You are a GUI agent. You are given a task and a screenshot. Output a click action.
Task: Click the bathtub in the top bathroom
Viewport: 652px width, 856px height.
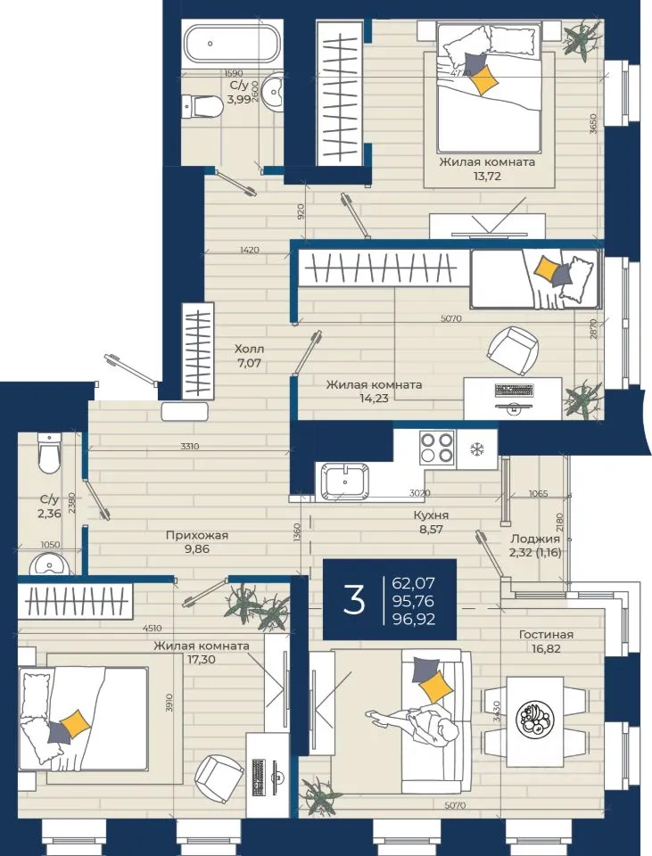click(232, 43)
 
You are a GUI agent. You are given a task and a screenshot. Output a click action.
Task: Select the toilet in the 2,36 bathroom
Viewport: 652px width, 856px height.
click(48, 453)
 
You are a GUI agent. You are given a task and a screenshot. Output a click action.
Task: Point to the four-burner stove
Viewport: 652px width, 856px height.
click(437, 447)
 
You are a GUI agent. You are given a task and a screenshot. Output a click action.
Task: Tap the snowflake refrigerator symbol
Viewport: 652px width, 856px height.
click(477, 449)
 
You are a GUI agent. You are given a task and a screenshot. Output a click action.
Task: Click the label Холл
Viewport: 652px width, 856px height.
click(250, 349)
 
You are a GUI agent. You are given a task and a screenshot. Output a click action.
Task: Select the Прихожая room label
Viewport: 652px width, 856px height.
click(196, 536)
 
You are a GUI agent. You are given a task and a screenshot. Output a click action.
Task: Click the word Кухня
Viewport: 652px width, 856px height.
click(431, 514)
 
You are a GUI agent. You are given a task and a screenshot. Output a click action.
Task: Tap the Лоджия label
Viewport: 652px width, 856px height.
click(534, 539)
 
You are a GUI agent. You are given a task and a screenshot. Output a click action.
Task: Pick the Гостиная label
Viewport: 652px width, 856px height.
click(546, 634)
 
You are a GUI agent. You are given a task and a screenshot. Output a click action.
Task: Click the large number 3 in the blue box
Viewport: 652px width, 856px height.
click(354, 600)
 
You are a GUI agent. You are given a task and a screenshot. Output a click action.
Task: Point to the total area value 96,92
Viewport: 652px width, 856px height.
click(413, 619)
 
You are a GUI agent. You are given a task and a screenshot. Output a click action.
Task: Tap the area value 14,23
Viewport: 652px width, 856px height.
click(374, 398)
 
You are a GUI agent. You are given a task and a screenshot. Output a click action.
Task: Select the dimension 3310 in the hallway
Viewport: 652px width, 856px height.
click(189, 446)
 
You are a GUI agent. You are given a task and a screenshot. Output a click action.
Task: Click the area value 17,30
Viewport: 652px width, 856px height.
click(201, 659)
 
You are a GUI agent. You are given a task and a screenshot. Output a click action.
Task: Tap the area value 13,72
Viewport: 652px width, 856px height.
click(487, 176)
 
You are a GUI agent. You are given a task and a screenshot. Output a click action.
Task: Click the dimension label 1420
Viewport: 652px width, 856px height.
click(249, 250)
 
